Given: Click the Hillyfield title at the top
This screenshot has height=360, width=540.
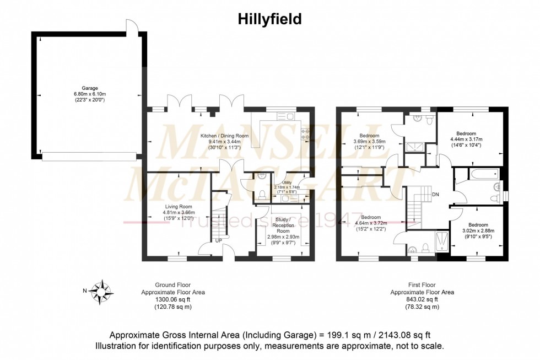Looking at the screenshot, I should (270, 19).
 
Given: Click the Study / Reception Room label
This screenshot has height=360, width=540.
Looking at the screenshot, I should (283, 226).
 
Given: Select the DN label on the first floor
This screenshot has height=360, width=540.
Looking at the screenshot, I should (435, 194).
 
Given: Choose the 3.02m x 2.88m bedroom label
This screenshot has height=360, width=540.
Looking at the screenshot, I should (478, 230).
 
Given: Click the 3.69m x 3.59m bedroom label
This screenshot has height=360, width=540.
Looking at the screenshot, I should (370, 141).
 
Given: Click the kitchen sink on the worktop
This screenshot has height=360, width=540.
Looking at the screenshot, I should (287, 116).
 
